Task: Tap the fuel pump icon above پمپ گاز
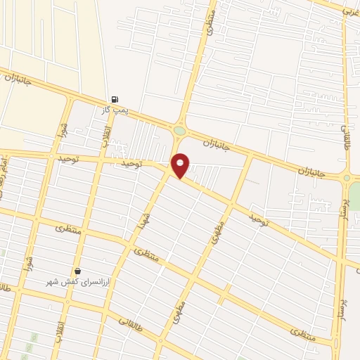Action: point(115,100)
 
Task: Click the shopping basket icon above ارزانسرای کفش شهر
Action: point(77,271)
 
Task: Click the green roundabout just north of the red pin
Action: point(180,131)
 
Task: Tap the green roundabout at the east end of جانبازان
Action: point(347,178)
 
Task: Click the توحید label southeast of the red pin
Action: point(258,221)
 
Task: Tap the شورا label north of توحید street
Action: point(60,130)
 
